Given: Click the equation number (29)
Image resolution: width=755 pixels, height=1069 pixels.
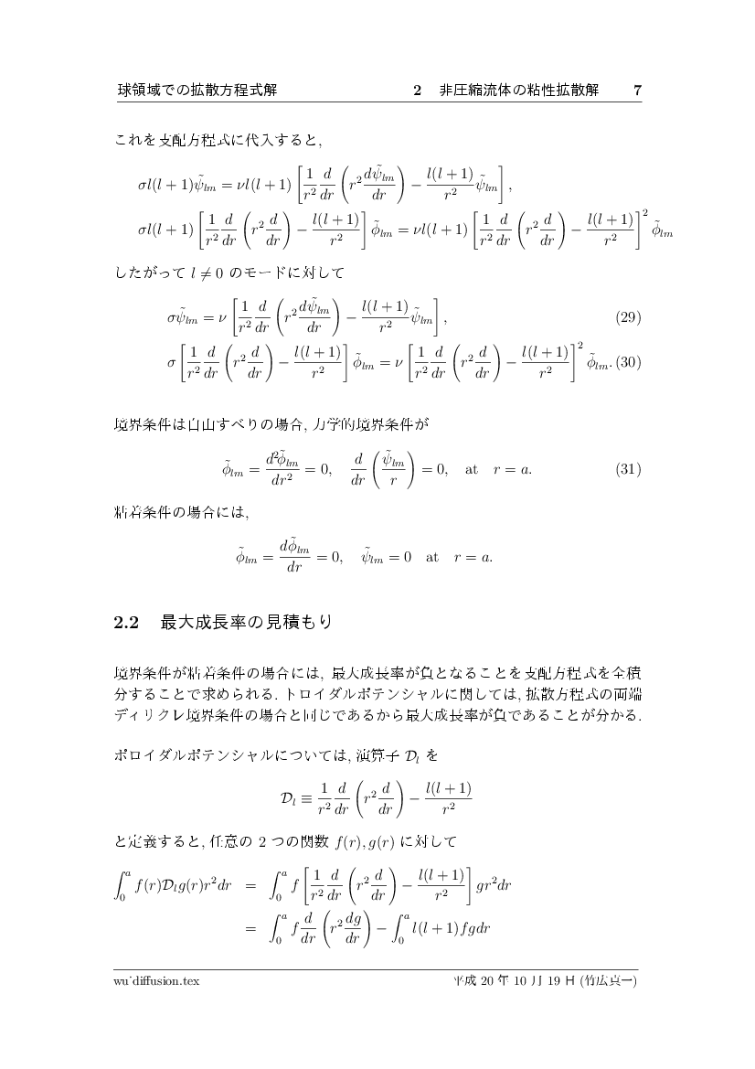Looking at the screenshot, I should [628, 317].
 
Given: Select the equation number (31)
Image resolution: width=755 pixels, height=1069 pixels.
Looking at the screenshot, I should [628, 469].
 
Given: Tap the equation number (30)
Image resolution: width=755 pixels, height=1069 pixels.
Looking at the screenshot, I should [628, 362].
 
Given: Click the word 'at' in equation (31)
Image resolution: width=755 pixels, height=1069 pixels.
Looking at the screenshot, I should [472, 469].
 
